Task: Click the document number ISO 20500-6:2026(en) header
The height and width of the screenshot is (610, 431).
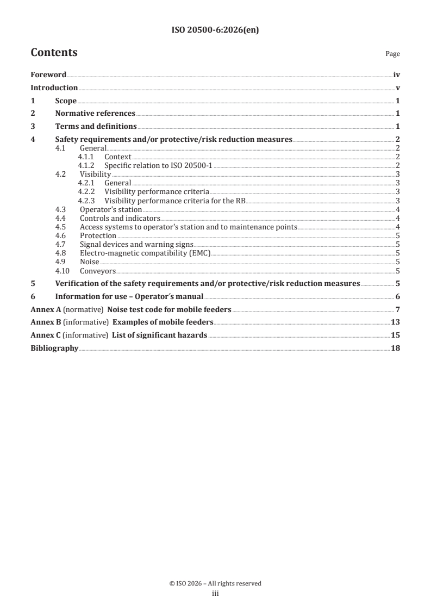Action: coord(215,30)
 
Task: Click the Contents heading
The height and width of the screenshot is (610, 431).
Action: coord(54,53)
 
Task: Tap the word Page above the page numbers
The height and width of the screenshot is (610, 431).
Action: coord(392,54)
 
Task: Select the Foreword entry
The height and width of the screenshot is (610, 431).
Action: coord(48,75)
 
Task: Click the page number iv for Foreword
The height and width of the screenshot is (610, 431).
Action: coord(397,75)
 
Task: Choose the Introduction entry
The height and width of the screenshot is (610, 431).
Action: coord(54,88)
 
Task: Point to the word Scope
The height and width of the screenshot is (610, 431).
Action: coord(66,101)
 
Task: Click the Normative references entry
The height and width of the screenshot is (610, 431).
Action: coord(95,114)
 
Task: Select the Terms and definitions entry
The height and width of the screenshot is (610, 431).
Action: coord(96,127)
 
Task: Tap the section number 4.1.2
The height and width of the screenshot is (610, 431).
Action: coord(86,165)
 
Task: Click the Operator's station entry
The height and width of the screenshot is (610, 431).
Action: coord(111,209)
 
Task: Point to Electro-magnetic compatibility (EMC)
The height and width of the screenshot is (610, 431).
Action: coord(145,253)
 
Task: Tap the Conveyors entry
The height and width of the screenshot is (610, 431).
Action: coord(98,271)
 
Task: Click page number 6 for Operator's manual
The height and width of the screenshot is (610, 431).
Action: coord(398,296)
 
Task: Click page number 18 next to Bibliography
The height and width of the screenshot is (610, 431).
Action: coord(395,348)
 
